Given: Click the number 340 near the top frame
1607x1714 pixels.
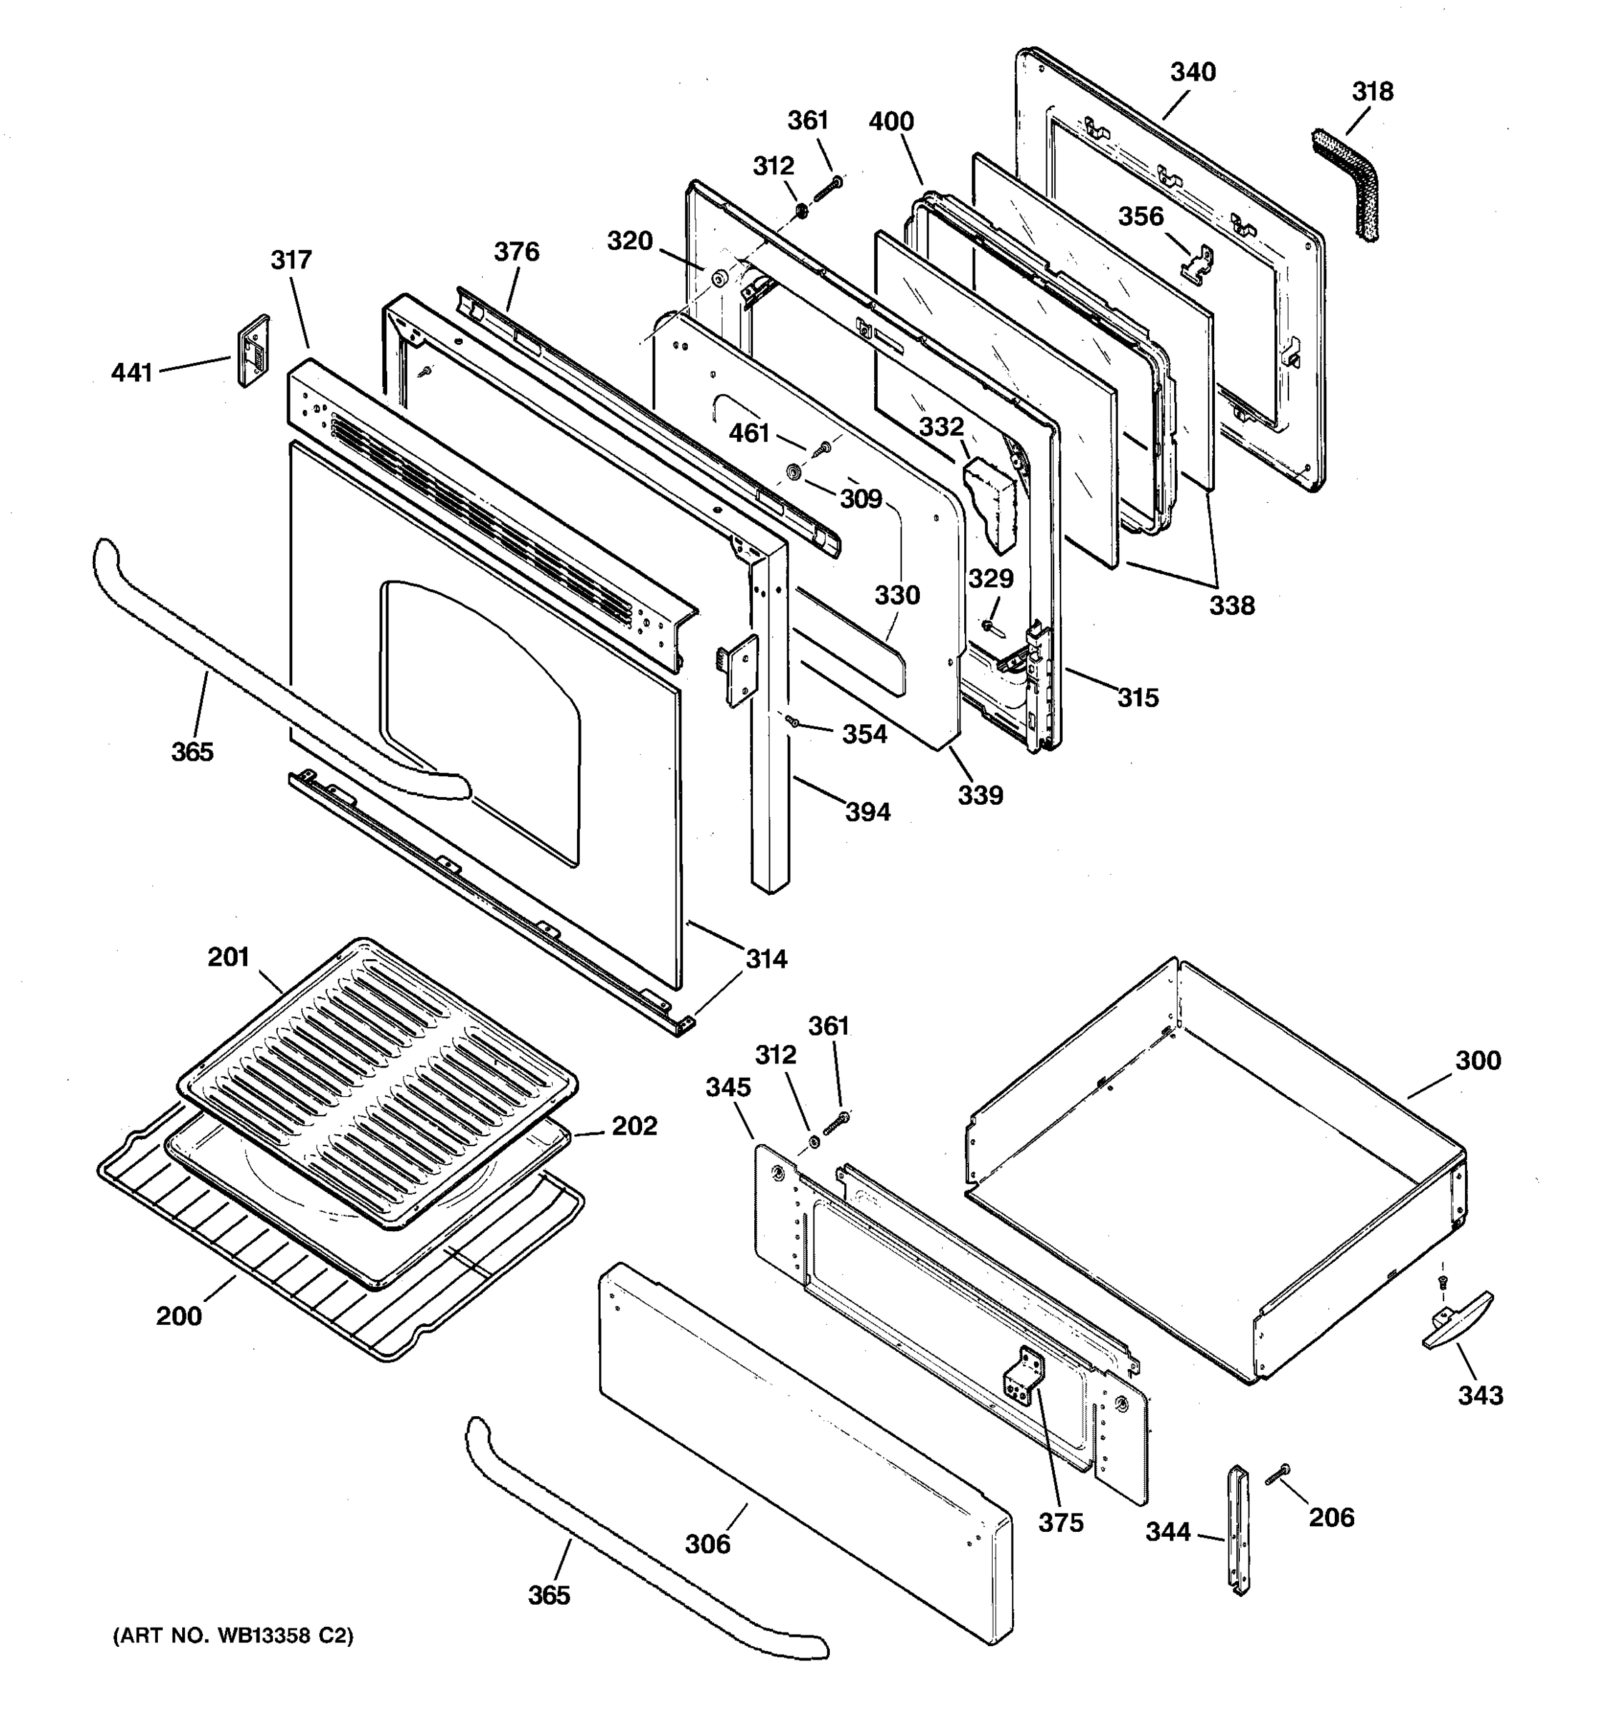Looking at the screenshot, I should point(1192,72).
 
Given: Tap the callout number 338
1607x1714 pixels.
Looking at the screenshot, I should point(1231,605).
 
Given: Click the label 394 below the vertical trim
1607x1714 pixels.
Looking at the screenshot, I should point(867,811).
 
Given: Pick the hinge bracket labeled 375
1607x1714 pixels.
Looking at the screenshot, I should point(1024,1380).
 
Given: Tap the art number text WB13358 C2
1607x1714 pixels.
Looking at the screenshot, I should point(234,1635).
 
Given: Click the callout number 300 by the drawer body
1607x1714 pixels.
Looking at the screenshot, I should point(1478,1060).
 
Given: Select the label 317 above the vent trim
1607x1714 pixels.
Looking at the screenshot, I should point(291,259).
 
